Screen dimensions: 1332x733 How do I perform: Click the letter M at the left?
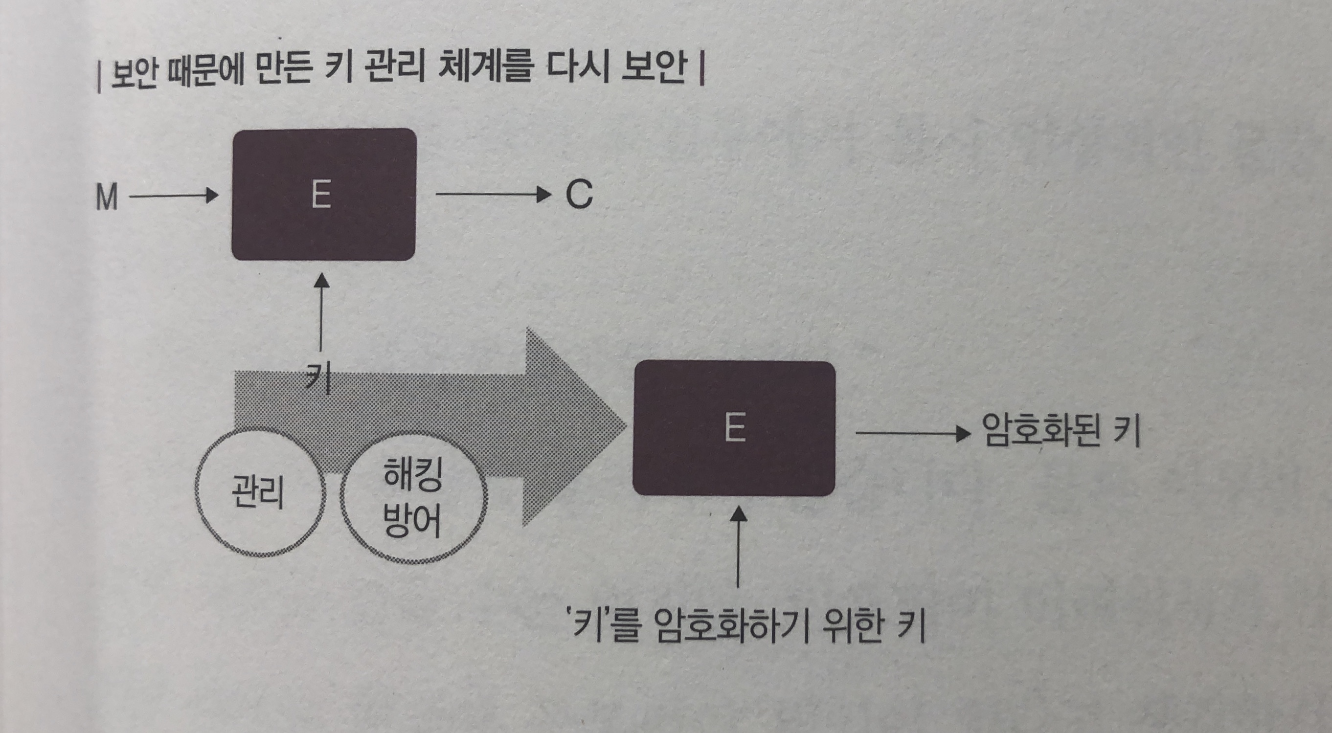pyautogui.click(x=107, y=198)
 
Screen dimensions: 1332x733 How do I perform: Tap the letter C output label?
pyautogui.click(x=579, y=195)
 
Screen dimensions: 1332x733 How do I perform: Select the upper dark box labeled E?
pyautogui.click(x=323, y=194)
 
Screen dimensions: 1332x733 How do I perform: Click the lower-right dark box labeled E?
pyautogui.click(x=734, y=428)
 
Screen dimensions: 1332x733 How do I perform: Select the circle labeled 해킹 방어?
pyautogui.click(x=413, y=499)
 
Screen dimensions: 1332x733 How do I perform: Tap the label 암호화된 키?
pyautogui.click(x=1060, y=431)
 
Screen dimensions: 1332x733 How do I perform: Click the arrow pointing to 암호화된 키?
pyautogui.click(x=913, y=433)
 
